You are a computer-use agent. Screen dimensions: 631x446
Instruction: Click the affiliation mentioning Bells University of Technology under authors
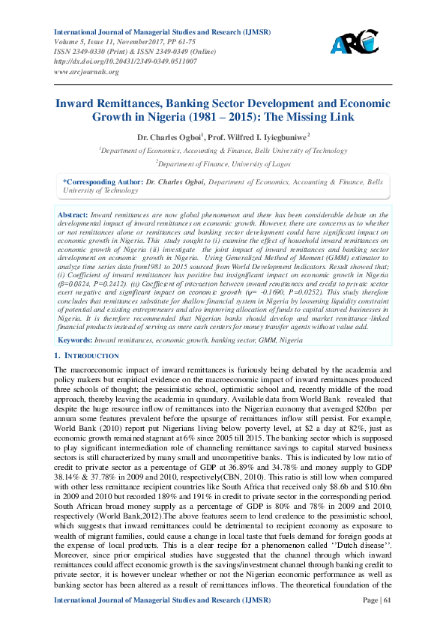coord(224,150)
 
